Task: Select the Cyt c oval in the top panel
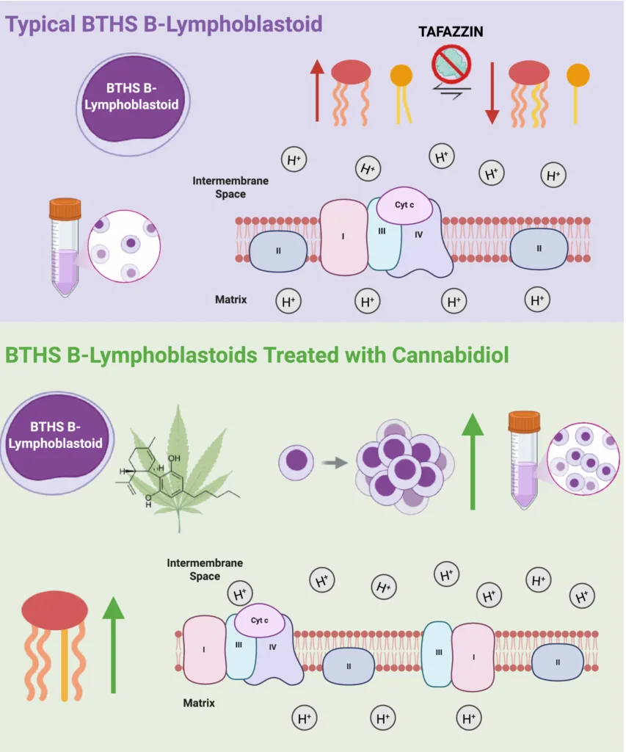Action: click(404, 205)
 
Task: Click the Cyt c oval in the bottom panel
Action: click(259, 621)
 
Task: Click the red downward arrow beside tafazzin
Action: click(491, 93)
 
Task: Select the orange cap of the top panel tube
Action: click(65, 209)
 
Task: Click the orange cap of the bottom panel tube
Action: click(524, 421)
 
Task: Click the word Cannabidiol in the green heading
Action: click(450, 355)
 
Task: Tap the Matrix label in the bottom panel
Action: click(198, 703)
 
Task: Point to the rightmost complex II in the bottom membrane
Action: click(557, 662)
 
